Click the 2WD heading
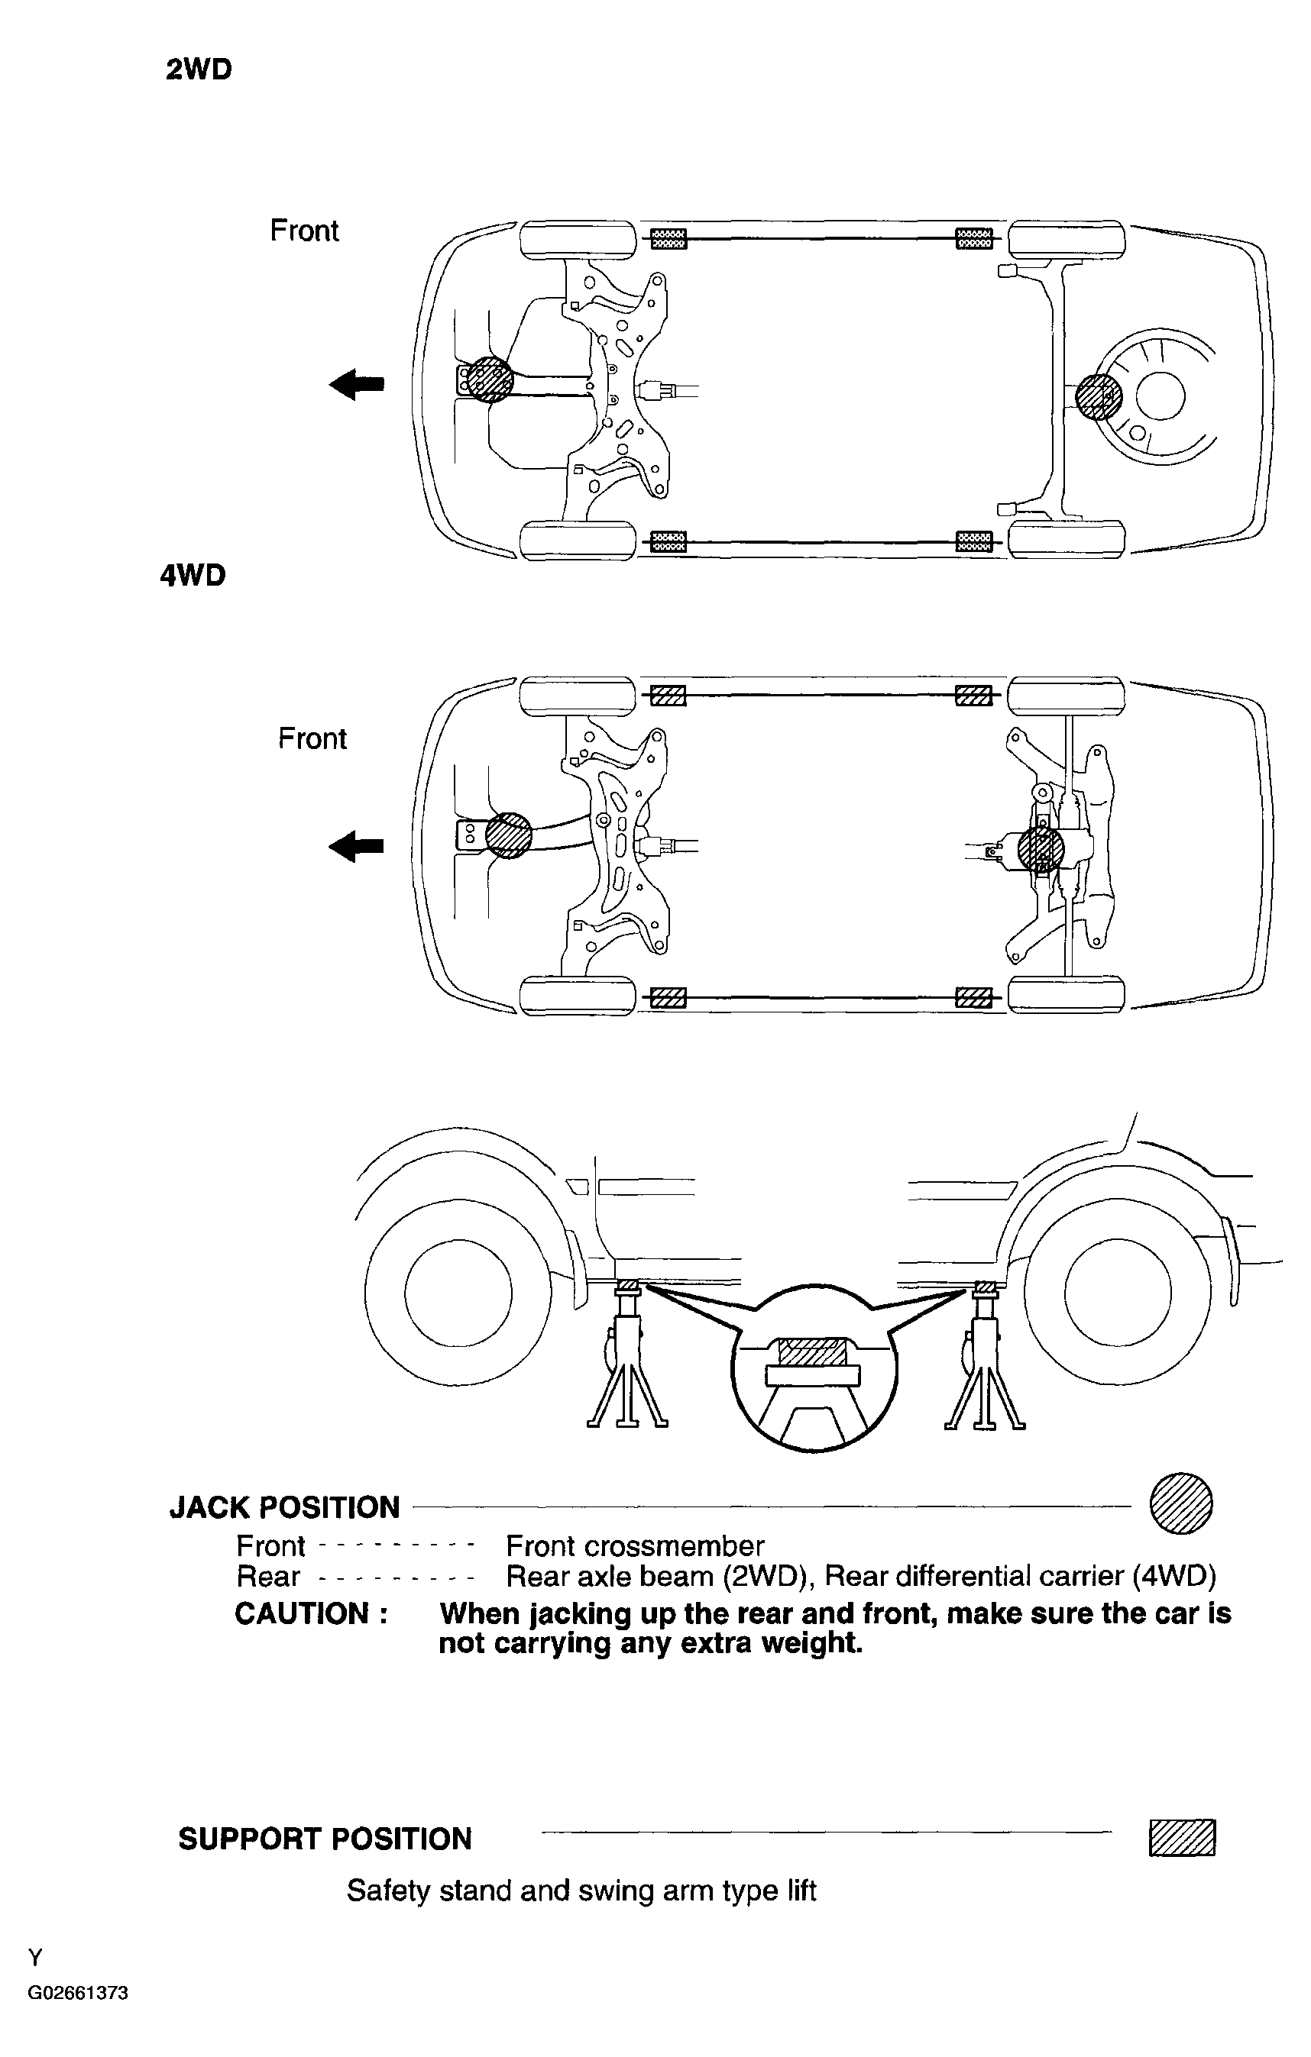199,70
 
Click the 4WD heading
193,576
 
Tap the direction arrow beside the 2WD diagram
356,384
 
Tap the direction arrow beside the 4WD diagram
356,847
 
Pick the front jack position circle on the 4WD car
509,835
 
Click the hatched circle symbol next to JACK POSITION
1181,1503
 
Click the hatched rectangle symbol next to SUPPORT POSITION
1182,1837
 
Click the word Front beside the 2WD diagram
304,231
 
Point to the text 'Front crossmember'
635,1546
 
